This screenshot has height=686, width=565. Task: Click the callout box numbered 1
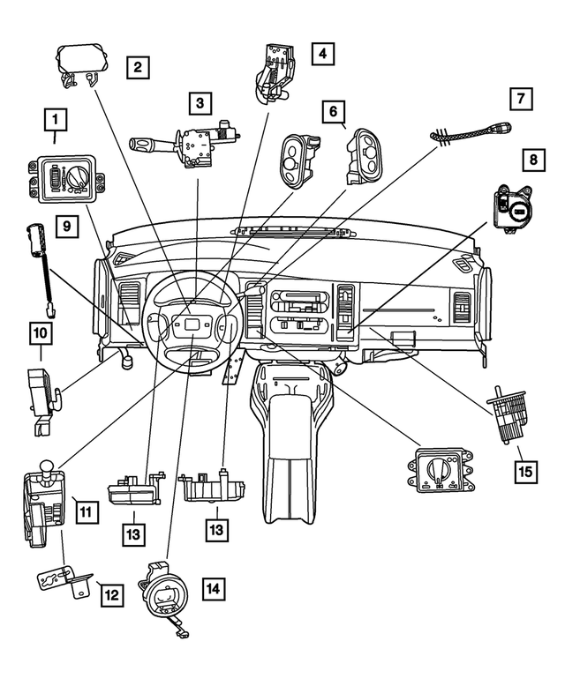(56, 118)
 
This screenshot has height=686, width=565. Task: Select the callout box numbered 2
(137, 65)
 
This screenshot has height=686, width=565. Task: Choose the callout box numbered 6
(333, 112)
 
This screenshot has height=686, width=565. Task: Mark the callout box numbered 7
(522, 99)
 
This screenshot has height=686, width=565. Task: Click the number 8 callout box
(532, 160)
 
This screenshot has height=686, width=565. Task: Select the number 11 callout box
(86, 510)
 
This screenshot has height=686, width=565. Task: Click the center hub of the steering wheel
(190, 326)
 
